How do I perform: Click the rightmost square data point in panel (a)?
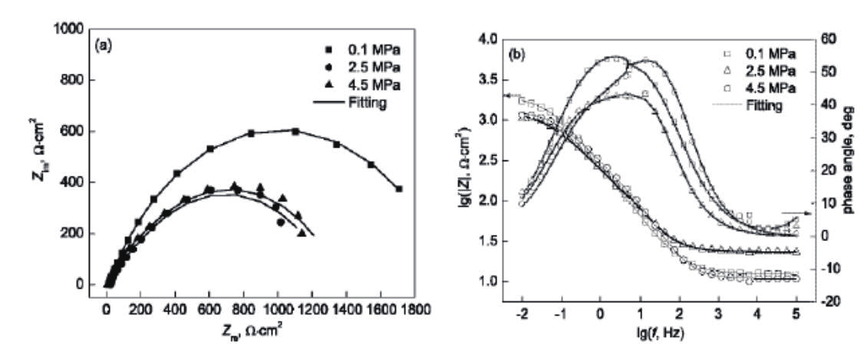tap(398, 189)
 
